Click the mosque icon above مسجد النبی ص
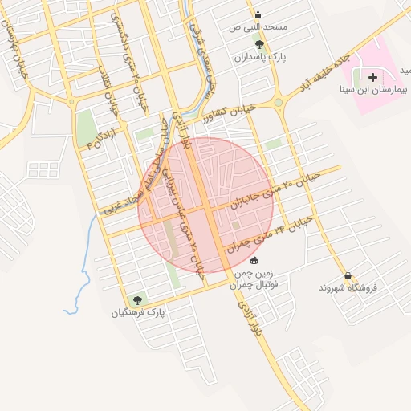[x=258, y=14]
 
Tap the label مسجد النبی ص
[x=258, y=27]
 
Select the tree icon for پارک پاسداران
[x=258, y=44]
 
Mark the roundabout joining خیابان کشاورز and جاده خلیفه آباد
[x=279, y=102]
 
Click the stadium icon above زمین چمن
[x=254, y=259]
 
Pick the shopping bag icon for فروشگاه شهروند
[x=347, y=275]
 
